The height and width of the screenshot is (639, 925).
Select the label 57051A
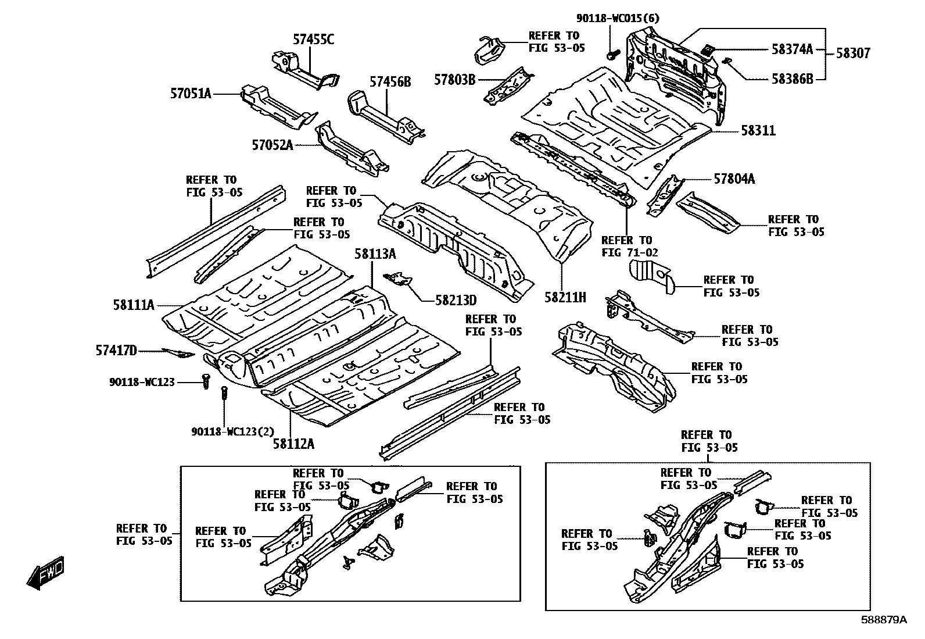coord(191,92)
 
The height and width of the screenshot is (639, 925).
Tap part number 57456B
coord(390,82)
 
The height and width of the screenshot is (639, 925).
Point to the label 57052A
coord(272,145)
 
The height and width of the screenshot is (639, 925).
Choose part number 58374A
coord(792,49)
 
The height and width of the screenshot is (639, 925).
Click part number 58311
coord(758,131)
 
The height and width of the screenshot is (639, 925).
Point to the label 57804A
coord(734,179)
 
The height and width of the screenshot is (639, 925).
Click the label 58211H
coord(565,298)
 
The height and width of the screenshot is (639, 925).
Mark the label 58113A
coord(375,254)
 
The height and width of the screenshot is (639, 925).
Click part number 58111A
coord(134,304)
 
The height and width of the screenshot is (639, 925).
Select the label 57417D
coord(116,350)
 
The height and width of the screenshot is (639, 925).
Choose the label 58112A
coord(293,444)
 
